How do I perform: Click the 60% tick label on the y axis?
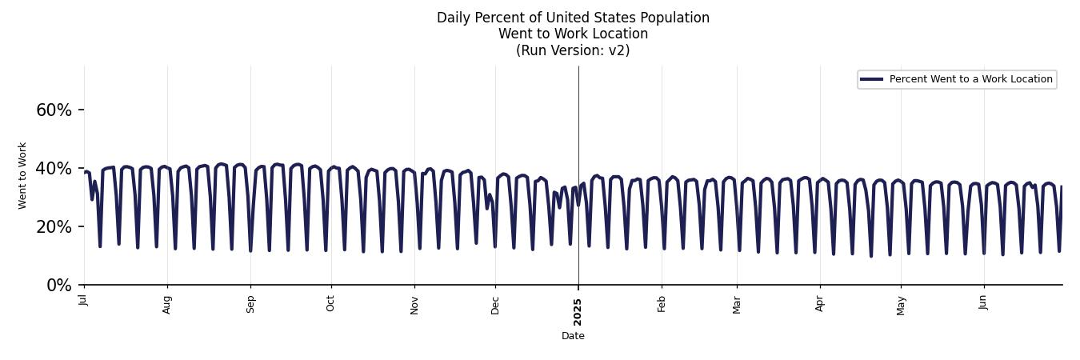(54, 110)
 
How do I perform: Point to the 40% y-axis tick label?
(54, 168)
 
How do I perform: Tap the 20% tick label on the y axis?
(54, 226)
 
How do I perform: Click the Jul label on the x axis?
(84, 300)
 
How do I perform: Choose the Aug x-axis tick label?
(167, 304)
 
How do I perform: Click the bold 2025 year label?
(578, 310)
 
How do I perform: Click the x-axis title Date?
(573, 336)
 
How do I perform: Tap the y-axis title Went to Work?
(22, 175)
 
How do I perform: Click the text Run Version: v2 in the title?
(573, 50)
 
